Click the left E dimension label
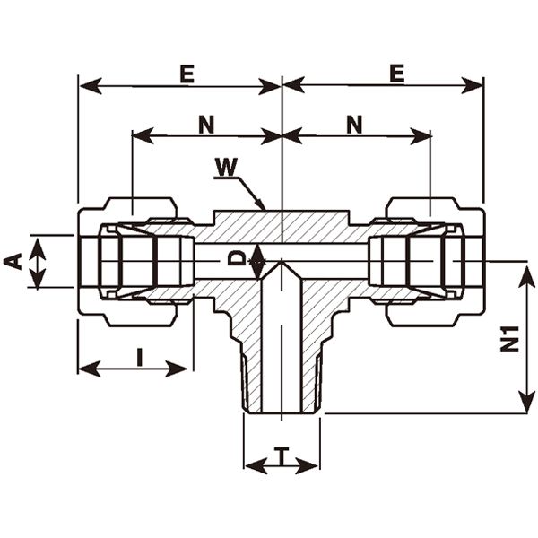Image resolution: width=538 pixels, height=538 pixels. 186,74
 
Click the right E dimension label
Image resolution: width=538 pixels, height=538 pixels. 396,74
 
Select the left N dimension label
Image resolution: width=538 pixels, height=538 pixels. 205,125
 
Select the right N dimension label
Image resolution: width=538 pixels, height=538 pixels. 354,125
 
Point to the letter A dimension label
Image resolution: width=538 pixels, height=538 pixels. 13,261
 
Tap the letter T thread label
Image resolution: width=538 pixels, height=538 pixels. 281,455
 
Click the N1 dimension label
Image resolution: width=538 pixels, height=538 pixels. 511,340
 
